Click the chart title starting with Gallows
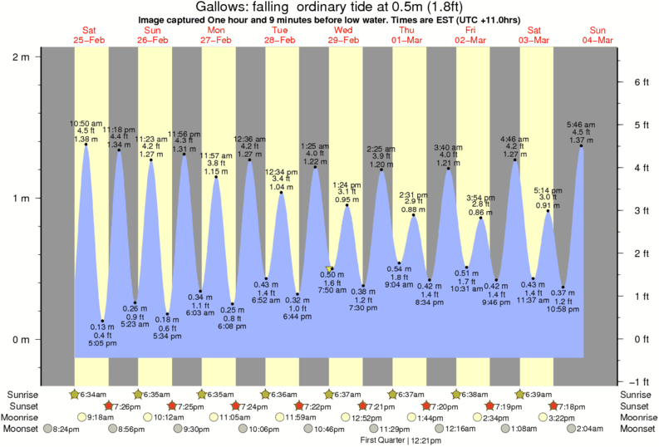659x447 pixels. tap(329, 7)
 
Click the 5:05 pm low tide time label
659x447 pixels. tap(102, 341)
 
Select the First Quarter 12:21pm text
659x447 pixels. tap(400, 440)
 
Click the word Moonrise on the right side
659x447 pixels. tap(636, 417)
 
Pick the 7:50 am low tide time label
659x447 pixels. tap(331, 291)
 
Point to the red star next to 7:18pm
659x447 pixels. tap(554, 405)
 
